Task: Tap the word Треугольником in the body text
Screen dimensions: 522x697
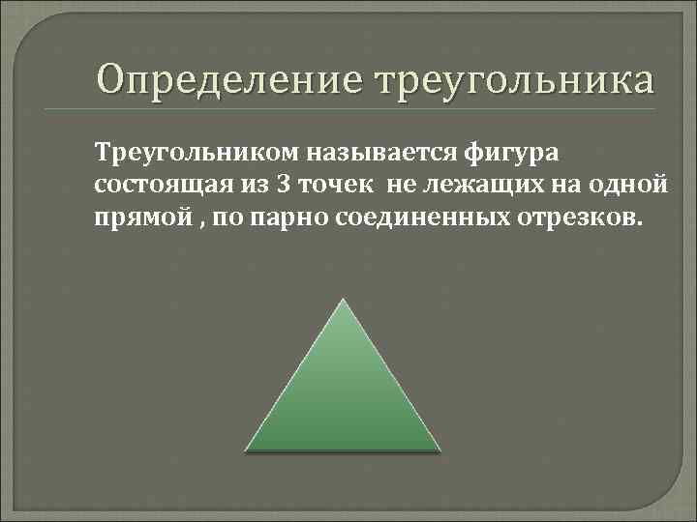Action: tap(197, 152)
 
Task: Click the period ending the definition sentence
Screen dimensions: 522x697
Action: tap(637, 220)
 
